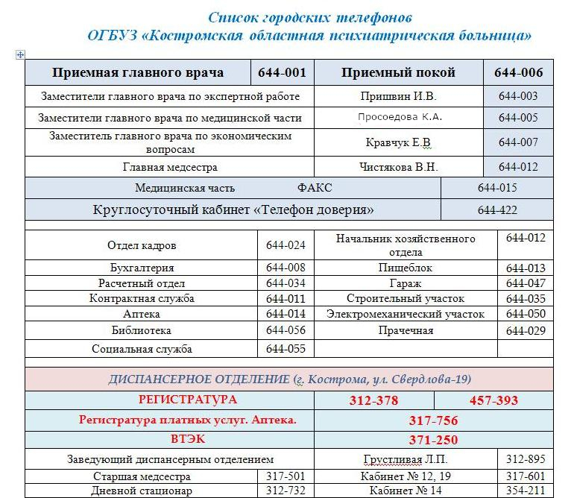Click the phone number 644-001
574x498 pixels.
[282, 73]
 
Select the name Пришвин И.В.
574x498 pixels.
[398, 96]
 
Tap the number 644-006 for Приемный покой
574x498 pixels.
[518, 73]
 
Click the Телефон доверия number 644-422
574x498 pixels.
[497, 210]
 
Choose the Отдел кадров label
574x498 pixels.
[142, 245]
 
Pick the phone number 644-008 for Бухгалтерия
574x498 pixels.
[286, 268]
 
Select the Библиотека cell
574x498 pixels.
[142, 330]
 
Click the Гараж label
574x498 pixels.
[405, 283]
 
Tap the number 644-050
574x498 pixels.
[526, 315]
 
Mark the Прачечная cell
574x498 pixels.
[405, 330]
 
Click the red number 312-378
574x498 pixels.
[373, 400]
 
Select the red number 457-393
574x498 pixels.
[493, 400]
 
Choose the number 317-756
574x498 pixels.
[433, 420]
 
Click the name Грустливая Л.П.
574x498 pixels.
[405, 459]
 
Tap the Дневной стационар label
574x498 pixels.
[142, 491]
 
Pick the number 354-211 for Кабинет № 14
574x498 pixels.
[526, 491]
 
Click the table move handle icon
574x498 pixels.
[19, 54]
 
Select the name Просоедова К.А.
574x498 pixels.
[400, 117]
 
